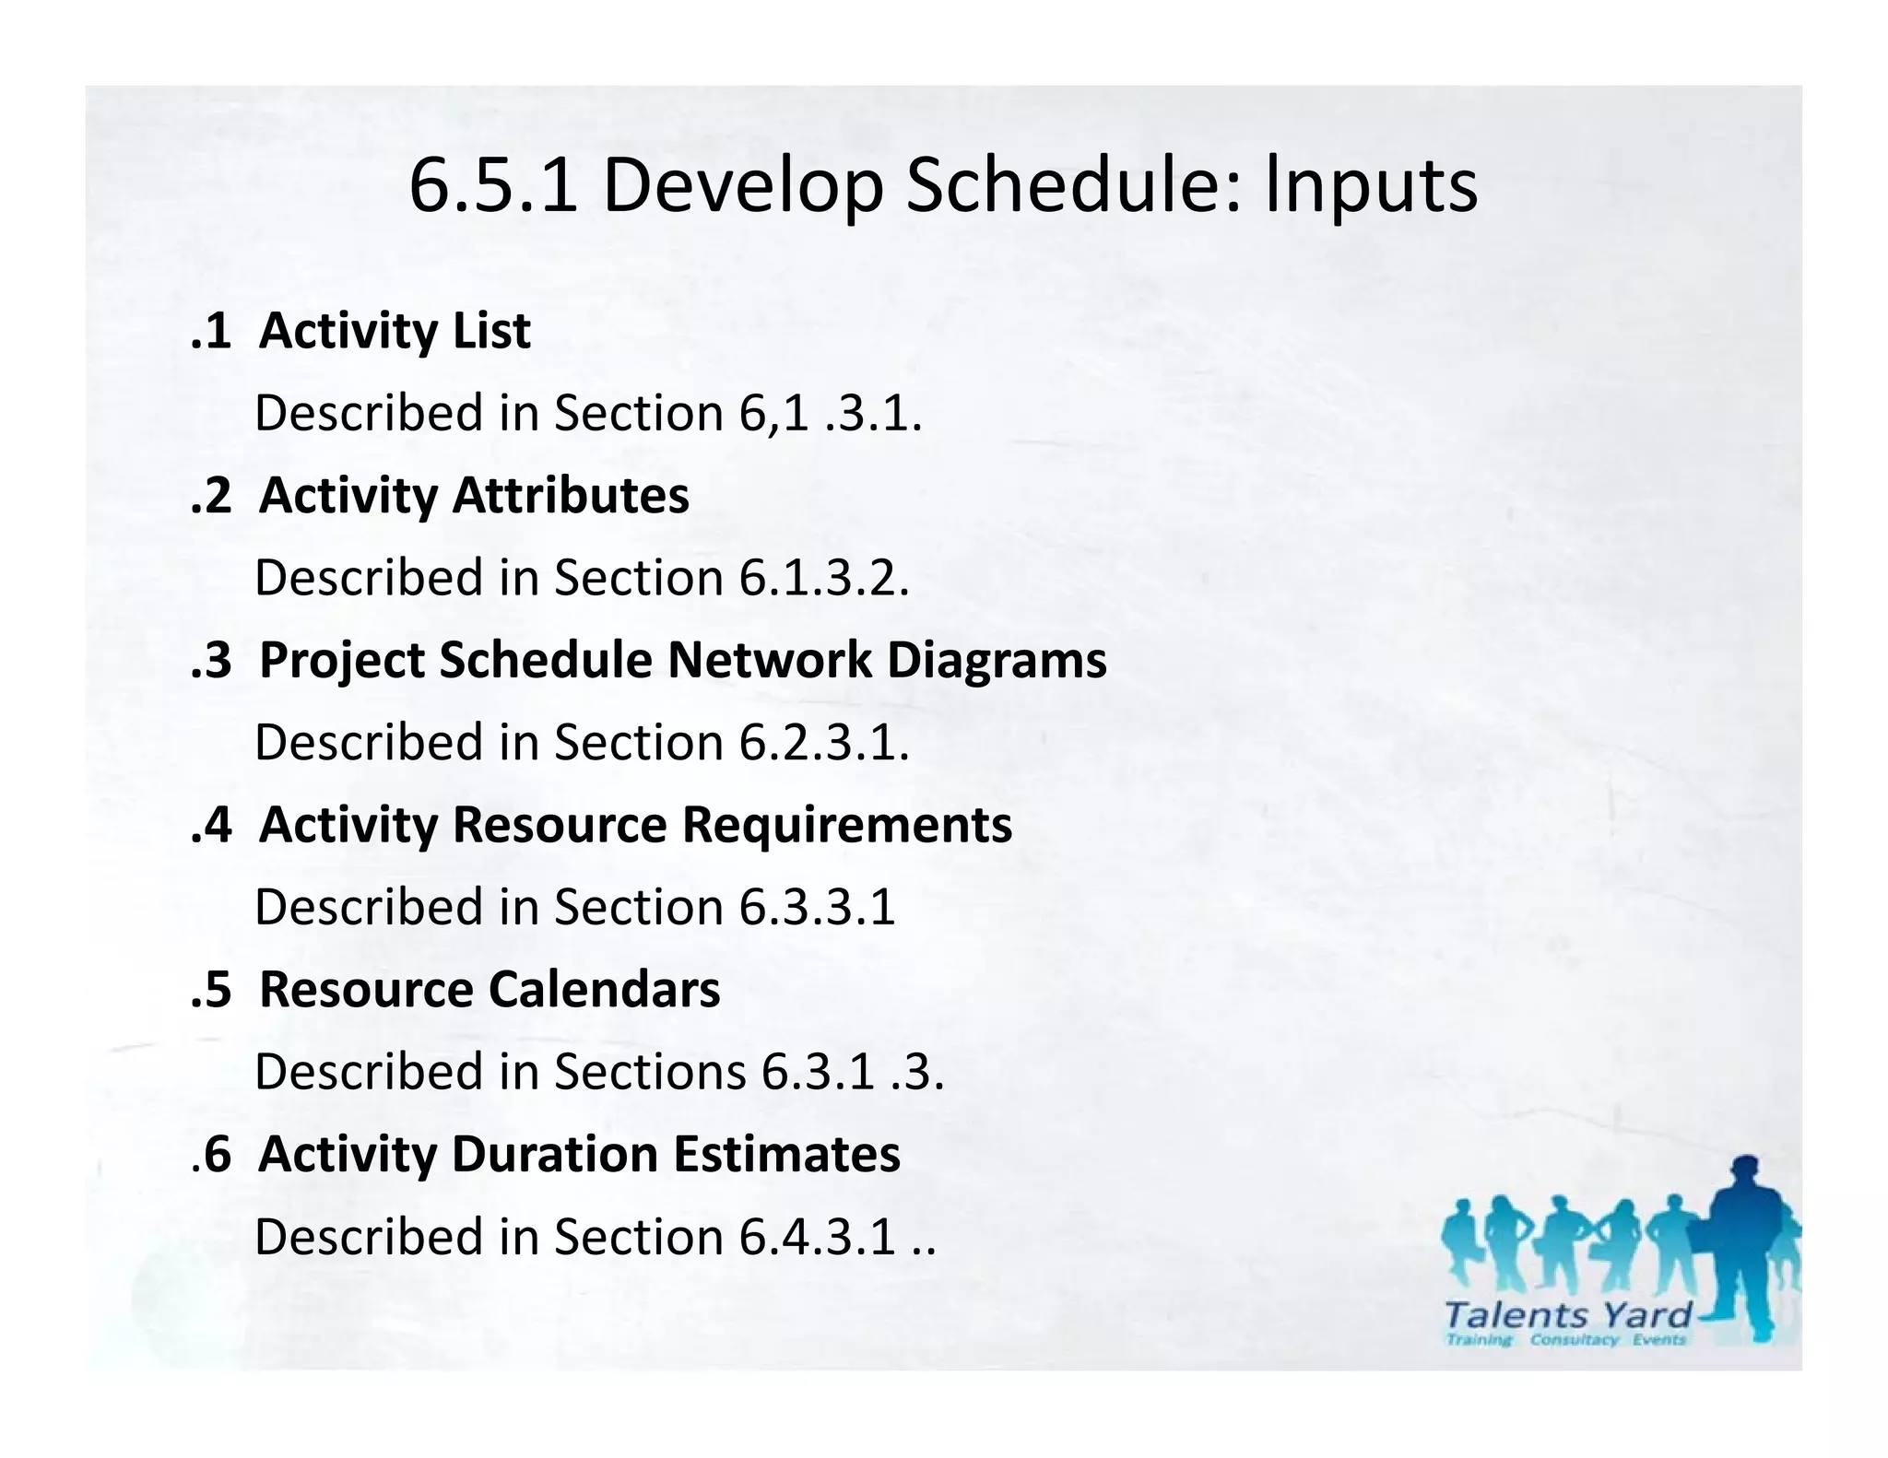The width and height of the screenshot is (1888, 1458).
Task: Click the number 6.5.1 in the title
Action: coord(493,186)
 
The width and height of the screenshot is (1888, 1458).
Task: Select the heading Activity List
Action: coord(394,331)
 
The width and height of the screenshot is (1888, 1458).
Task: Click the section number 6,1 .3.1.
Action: coord(829,413)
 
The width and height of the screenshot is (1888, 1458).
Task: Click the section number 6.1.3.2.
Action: coord(823,578)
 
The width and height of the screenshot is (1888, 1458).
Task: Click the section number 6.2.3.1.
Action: coord(823,743)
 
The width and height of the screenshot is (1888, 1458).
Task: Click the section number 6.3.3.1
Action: coord(817,907)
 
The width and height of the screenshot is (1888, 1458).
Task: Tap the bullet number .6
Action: coord(211,1154)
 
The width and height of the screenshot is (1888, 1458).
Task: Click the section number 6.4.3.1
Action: coord(817,1237)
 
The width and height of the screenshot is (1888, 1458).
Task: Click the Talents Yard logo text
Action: coord(1567,1315)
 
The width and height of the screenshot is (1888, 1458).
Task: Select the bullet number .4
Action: coord(211,825)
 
